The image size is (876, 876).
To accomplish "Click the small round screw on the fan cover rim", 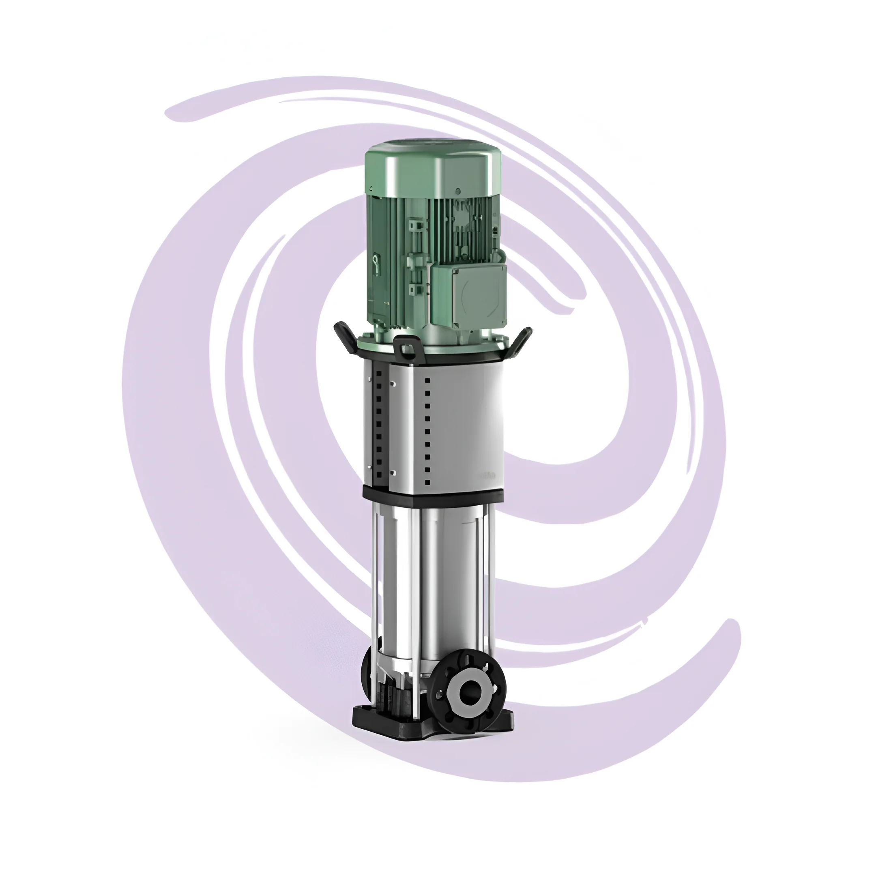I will [458, 191].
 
